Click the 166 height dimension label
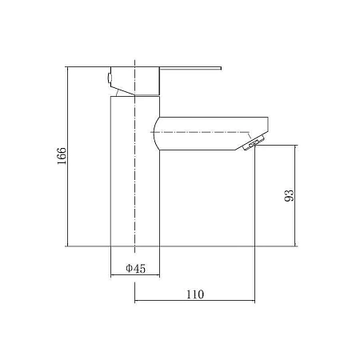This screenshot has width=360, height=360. pyautogui.click(x=62, y=156)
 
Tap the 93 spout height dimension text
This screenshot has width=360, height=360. pyautogui.click(x=290, y=195)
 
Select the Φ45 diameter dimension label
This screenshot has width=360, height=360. pyautogui.click(x=136, y=269)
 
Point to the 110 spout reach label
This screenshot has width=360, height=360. pyautogui.click(x=195, y=294)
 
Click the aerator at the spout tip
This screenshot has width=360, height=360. pyautogui.click(x=254, y=143)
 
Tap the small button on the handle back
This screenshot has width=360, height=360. pyautogui.click(x=109, y=78)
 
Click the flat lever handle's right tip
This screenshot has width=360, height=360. pyautogui.click(x=221, y=68)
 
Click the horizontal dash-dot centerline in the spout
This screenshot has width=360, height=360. pyautogui.click(x=200, y=132)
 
